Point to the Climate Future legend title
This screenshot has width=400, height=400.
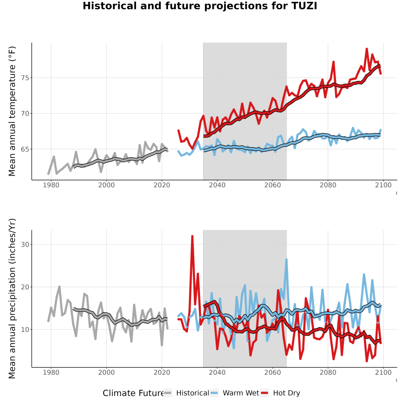click(133, 393)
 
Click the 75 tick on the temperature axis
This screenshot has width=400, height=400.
click(25, 78)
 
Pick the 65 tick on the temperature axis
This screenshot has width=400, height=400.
click(25, 149)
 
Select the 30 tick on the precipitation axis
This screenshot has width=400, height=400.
click(25, 244)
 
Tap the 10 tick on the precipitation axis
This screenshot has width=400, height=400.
click(25, 330)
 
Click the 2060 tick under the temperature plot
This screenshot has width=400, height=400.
click(272, 185)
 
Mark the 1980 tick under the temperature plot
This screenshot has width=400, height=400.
click(51, 185)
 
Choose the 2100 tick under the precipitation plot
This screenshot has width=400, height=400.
click(383, 372)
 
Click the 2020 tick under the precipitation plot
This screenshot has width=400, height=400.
click(162, 372)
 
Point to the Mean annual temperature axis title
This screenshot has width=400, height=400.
click(12, 111)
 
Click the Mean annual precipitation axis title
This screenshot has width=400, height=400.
click(12, 299)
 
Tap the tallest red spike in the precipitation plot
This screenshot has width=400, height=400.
click(192, 236)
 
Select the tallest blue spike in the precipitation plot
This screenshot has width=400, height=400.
click(287, 260)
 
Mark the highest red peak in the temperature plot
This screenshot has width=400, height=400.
click(367, 49)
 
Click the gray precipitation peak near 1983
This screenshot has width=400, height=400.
click(60, 287)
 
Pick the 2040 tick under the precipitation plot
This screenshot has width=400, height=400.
click(217, 372)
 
